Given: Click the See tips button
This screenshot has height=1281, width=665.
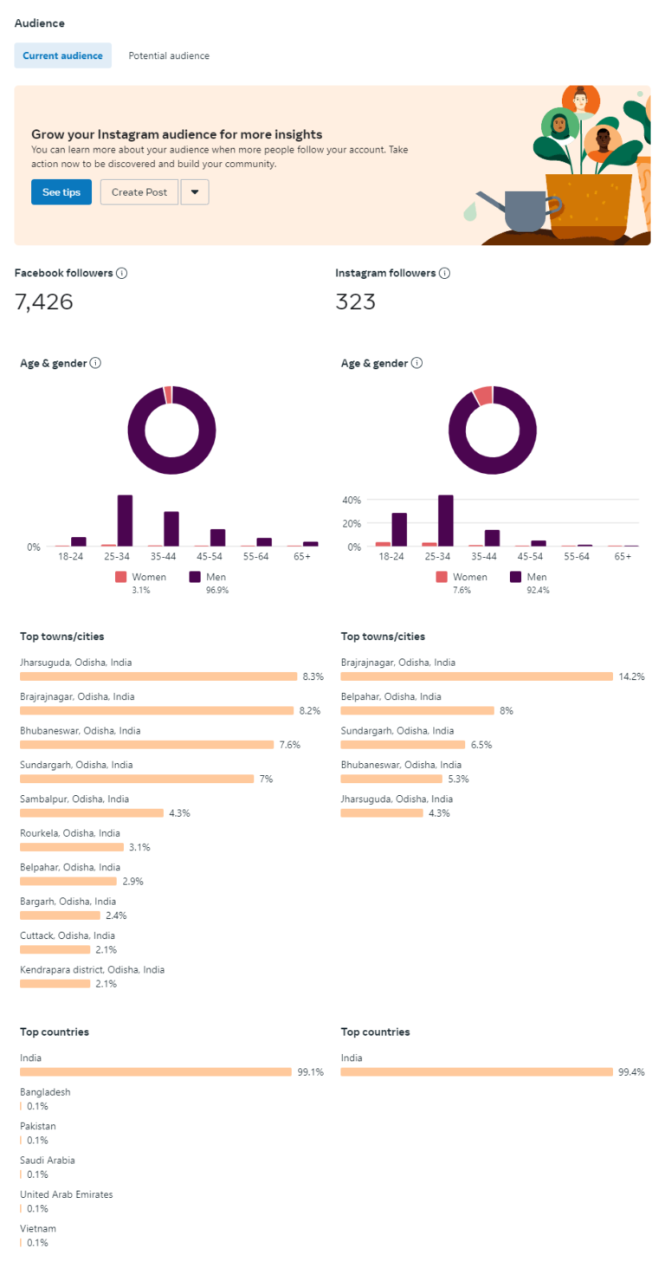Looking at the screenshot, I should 61,192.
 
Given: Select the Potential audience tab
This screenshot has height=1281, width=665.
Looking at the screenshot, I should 169,55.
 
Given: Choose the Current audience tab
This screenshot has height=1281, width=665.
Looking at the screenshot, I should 62,55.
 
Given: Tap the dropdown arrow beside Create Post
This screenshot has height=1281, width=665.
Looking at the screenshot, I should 195,192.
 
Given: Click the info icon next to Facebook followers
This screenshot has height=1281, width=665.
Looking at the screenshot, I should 122,273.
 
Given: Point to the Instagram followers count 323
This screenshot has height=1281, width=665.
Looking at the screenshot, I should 355,302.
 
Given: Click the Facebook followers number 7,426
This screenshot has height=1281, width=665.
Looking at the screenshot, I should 44,302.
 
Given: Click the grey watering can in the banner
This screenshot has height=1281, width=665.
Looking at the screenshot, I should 520,211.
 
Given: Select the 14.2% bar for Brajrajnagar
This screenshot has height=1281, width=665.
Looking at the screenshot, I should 476,676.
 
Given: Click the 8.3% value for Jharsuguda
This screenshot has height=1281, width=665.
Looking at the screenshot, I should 313,676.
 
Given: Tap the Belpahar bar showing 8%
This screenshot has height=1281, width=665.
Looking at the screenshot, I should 417,710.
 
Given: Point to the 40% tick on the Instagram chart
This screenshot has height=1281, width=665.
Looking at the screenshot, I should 351,500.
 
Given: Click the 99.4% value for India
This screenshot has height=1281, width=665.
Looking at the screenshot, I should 631,1072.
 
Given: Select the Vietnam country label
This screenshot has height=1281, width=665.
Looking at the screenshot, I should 39,1229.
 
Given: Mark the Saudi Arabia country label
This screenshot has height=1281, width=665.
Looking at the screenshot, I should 48,1161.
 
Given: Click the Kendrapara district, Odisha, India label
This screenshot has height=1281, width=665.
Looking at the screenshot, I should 92,970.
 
